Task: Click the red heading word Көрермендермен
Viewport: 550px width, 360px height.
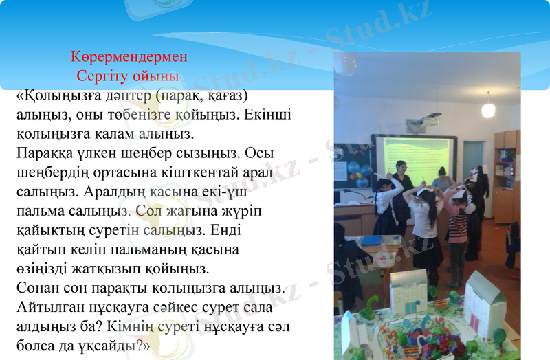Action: click(x=129, y=56)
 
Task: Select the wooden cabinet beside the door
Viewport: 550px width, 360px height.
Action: click(x=507, y=175)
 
